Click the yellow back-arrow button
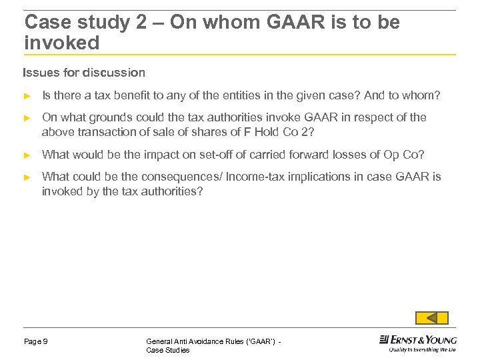(x=431, y=318)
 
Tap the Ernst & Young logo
(x=418, y=339)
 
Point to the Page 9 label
(x=35, y=342)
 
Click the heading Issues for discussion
(x=84, y=72)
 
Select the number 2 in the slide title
(x=141, y=23)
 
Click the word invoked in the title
(x=61, y=43)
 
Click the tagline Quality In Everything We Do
(x=423, y=349)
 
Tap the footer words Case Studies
(x=167, y=351)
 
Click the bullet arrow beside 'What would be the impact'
(x=27, y=155)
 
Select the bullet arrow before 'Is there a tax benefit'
(x=27, y=96)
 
